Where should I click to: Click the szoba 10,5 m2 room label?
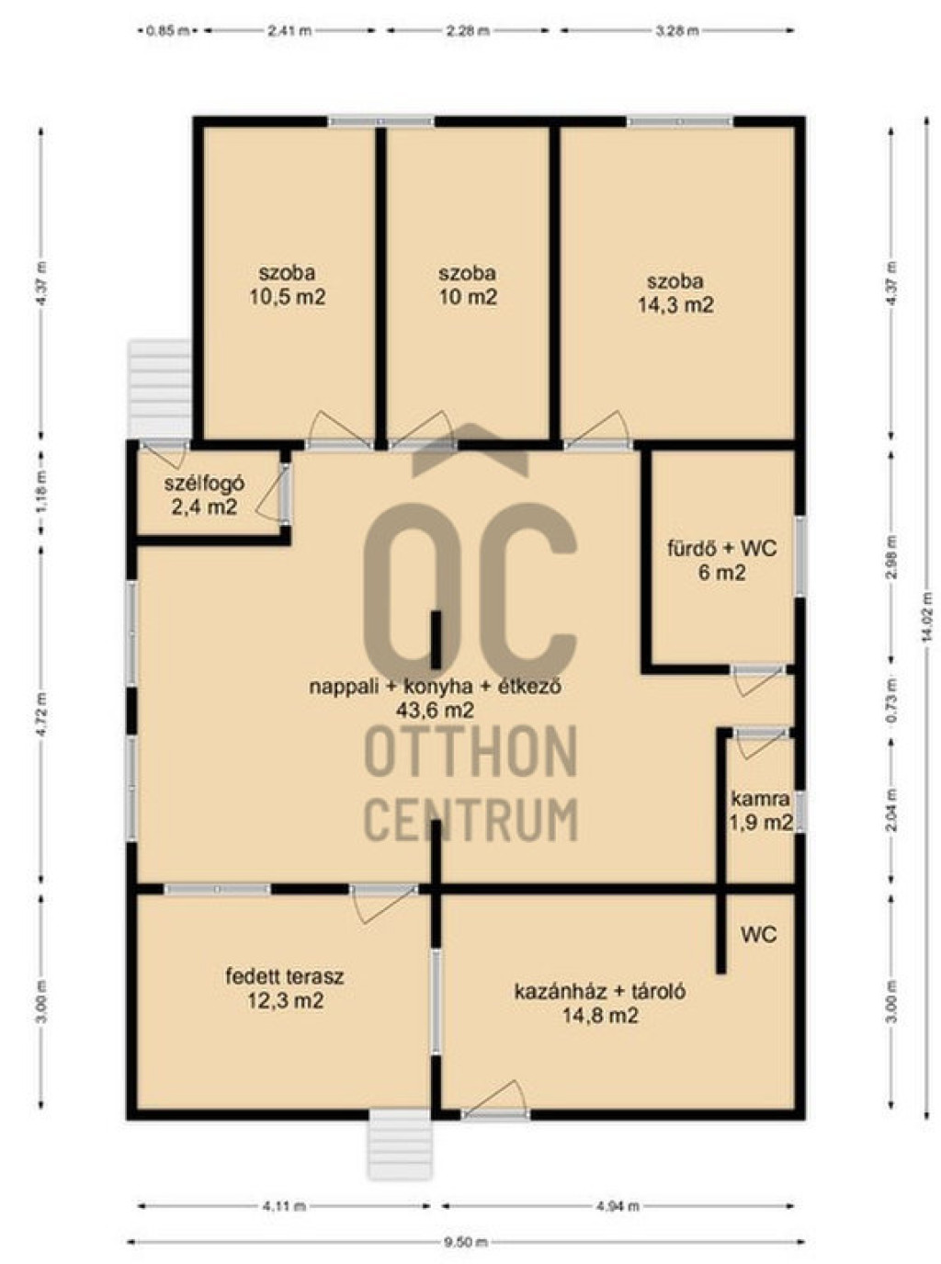[x=287, y=285]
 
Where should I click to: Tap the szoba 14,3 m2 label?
[x=675, y=293]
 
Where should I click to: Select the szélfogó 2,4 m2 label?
[x=205, y=495]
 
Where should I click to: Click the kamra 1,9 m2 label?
[x=761, y=811]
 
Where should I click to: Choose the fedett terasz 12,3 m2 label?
[x=285, y=989]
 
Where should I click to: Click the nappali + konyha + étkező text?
[x=436, y=687]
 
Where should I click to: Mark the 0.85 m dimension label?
[x=167, y=30]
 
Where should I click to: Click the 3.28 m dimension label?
[x=676, y=30]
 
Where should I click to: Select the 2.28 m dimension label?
[x=468, y=30]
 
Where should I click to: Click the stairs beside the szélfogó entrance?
[x=160, y=388]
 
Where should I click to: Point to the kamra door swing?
[x=761, y=744]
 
